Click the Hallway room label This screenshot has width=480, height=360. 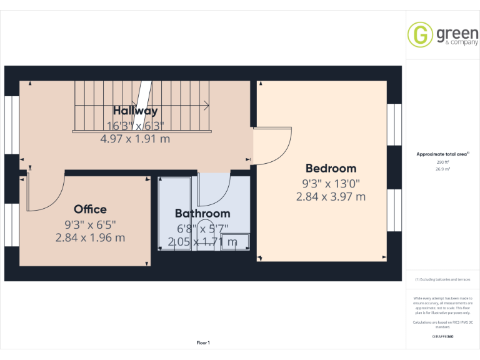click(x=135, y=111)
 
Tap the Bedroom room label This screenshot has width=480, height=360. click(x=331, y=168)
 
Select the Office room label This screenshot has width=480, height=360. click(x=90, y=209)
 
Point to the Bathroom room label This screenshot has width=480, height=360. click(x=202, y=214)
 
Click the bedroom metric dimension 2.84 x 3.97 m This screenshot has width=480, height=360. click(x=331, y=196)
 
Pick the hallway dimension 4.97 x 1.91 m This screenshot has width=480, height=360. click(x=135, y=139)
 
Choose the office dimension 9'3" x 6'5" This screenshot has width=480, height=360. click(x=90, y=224)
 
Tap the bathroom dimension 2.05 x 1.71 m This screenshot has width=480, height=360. click(x=202, y=242)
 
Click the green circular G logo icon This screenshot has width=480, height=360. click(x=420, y=35)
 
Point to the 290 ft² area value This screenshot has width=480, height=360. click(x=442, y=162)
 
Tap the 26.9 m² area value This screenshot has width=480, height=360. click(x=442, y=169)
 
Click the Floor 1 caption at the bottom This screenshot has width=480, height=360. click(x=203, y=342)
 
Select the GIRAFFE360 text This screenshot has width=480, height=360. click(x=442, y=336)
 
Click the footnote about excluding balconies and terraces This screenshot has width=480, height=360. click(x=442, y=279)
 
